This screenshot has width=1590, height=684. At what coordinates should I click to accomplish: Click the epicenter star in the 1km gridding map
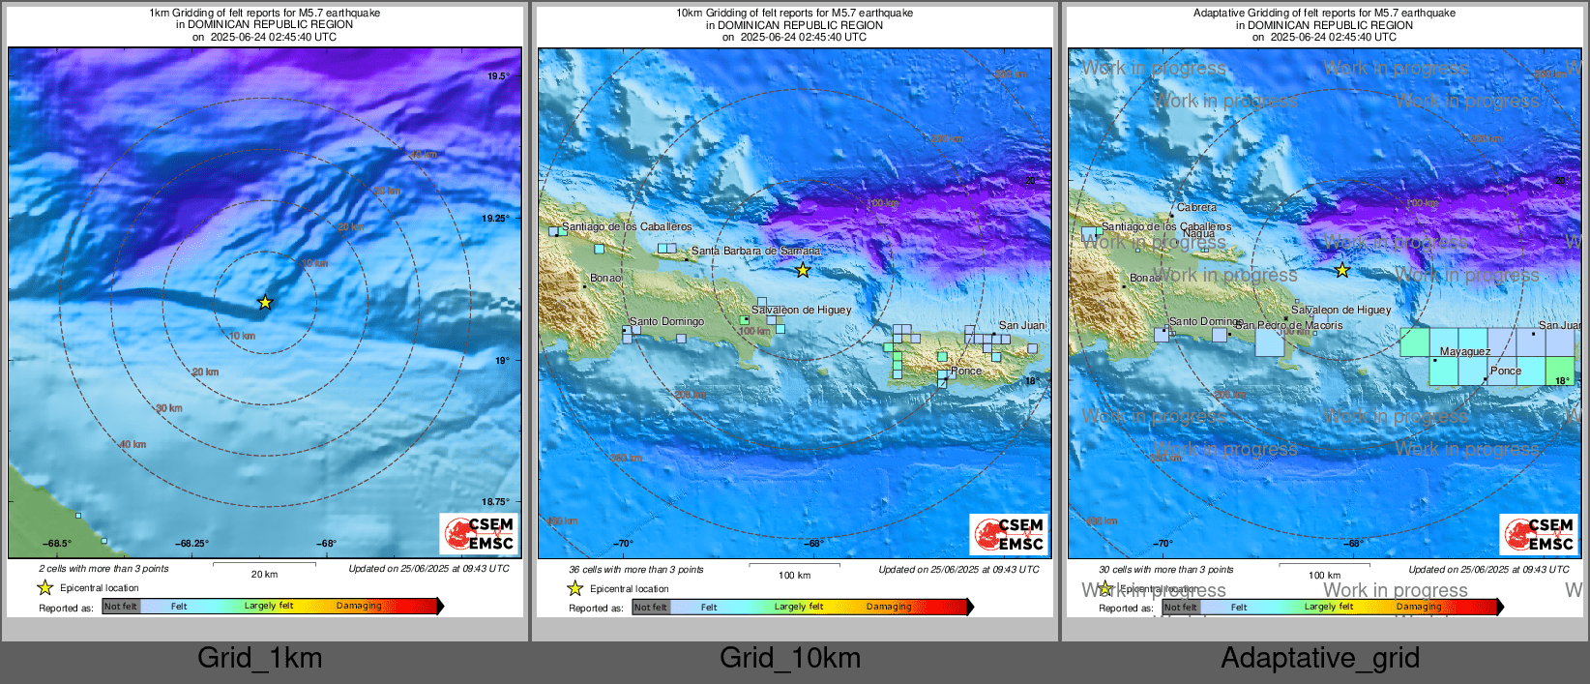tap(265, 303)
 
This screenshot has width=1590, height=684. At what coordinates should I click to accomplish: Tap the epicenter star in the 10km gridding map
tap(803, 270)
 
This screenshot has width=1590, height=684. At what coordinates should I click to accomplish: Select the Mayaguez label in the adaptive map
tap(1464, 352)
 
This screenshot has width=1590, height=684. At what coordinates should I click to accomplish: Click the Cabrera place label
tap(1196, 208)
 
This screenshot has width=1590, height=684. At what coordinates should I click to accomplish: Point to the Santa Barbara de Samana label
tap(755, 252)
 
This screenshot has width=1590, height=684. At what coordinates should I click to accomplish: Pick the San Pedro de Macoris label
tap(1288, 326)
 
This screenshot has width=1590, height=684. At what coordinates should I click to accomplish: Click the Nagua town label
tap(1198, 234)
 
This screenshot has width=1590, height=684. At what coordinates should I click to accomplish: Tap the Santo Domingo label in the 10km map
tap(666, 322)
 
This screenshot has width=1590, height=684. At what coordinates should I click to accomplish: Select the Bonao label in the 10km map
tap(606, 279)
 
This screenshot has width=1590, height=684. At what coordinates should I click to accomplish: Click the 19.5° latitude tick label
tap(497, 76)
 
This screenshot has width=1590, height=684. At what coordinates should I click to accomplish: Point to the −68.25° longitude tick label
tap(191, 544)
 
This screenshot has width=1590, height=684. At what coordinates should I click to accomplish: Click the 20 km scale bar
tap(264, 564)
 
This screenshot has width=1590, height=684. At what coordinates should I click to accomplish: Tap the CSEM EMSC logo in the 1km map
tap(479, 534)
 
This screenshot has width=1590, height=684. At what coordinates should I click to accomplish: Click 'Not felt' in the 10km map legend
tap(651, 608)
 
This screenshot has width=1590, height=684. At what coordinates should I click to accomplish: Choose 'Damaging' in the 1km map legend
tap(359, 607)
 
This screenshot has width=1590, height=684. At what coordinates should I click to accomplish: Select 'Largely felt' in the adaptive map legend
tap(1328, 608)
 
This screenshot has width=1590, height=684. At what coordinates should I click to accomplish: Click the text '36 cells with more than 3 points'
tap(635, 570)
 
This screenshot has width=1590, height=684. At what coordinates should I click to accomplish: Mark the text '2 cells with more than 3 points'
tap(103, 569)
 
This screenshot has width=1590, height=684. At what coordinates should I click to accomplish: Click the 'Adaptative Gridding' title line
tap(1324, 14)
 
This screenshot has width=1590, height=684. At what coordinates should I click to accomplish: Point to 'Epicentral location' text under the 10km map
tap(629, 589)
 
